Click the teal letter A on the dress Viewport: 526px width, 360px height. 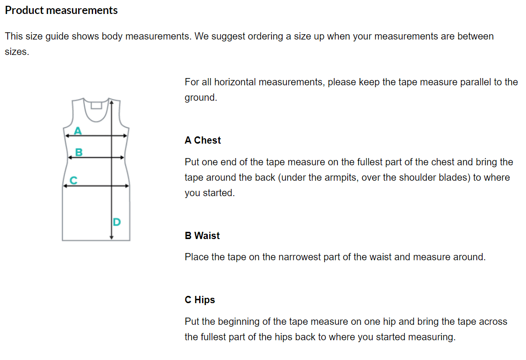tap(78, 131)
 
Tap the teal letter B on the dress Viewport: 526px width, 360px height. tap(79, 152)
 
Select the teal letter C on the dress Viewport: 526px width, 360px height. tap(73, 180)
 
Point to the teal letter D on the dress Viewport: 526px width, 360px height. tap(117, 222)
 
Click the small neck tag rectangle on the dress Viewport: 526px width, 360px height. tap(96, 105)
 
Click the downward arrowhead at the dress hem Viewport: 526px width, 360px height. tap(112, 237)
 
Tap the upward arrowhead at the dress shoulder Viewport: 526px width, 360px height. tap(112, 102)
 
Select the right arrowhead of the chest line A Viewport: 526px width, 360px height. tap(125, 136)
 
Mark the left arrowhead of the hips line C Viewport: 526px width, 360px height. tap(66, 186)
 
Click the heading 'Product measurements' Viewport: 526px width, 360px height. tap(61, 11)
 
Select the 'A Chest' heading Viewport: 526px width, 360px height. tap(202, 140)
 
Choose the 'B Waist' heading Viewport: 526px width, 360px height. tap(202, 236)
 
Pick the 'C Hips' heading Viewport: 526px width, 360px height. tap(200, 300)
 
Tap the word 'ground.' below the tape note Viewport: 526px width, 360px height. tap(201, 98)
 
